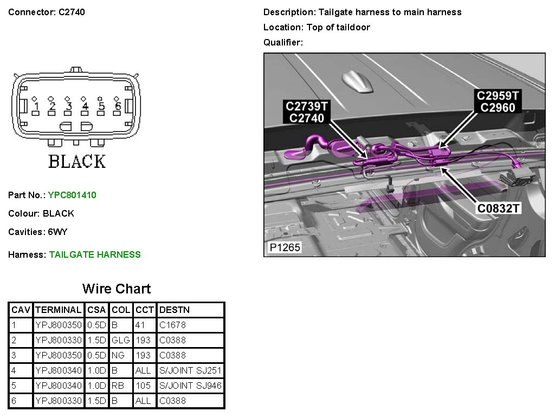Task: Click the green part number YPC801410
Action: pyautogui.click(x=72, y=195)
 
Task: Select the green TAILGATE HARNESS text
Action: pyautogui.click(x=95, y=254)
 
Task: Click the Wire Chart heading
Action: pyautogui.click(x=117, y=289)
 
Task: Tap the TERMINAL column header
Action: pyautogui.click(x=58, y=310)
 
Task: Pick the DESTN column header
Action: pyautogui.click(x=174, y=310)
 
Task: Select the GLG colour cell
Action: pyautogui.click(x=121, y=341)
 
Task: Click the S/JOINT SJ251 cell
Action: pyautogui.click(x=190, y=371)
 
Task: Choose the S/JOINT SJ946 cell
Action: pyautogui.click(x=190, y=386)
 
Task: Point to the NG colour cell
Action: pyautogui.click(x=118, y=356)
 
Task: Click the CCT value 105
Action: pyautogui.click(x=142, y=386)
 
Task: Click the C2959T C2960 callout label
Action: pyautogui.click(x=498, y=102)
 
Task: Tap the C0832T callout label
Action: pyautogui.click(x=499, y=208)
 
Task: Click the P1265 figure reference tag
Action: pyautogui.click(x=285, y=248)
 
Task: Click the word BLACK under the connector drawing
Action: pyautogui.click(x=76, y=161)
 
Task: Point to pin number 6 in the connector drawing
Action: pyautogui.click(x=117, y=107)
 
